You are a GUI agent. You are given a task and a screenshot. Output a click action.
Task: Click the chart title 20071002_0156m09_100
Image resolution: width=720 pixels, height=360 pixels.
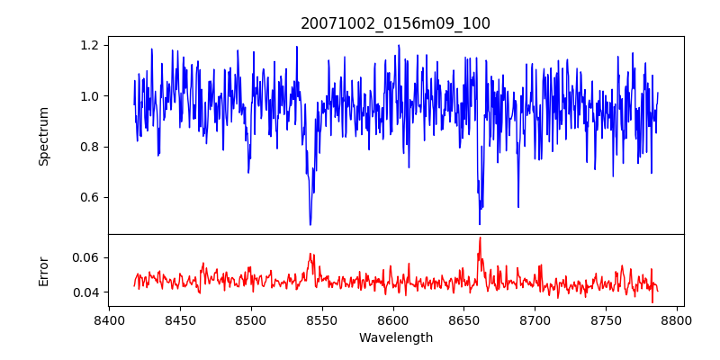coord(396,23)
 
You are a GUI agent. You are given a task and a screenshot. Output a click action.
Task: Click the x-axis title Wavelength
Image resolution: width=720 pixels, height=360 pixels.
coord(396,337)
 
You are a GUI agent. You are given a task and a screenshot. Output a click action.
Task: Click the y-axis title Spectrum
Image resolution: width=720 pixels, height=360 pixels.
coord(43,136)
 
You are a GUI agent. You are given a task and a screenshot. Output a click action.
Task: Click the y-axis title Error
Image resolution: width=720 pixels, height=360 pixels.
coord(43,271)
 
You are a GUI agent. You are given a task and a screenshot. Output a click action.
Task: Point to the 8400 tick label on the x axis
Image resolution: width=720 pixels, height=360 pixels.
coord(109,319)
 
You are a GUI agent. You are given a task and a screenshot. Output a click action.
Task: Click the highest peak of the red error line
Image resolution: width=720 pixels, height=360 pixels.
coord(480,238)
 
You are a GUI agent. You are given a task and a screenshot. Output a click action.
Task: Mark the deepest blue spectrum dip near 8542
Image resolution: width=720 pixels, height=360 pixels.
coord(310,224)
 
